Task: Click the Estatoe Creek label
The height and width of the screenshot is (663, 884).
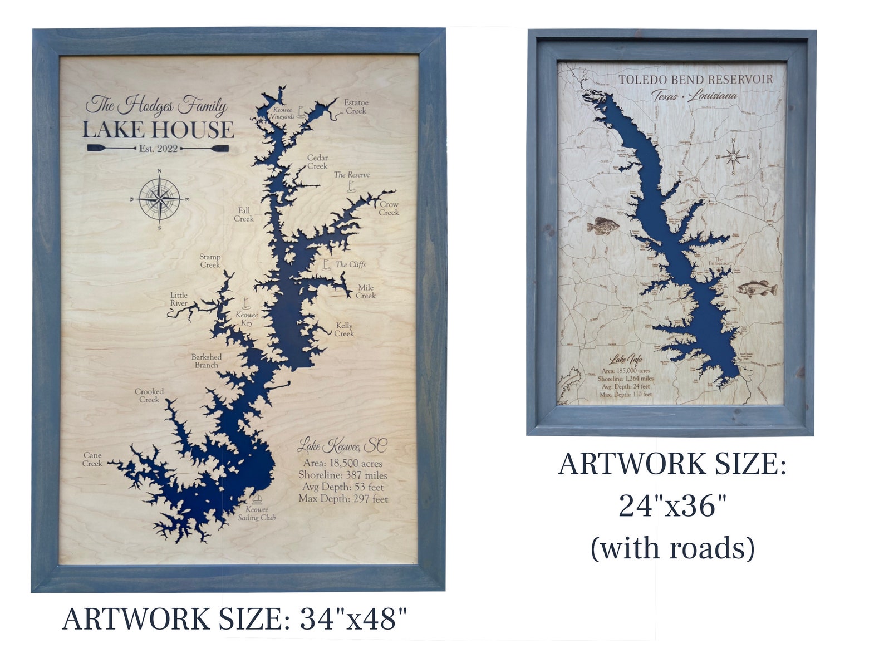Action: [356, 107]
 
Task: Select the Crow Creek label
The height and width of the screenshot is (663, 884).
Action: [389, 208]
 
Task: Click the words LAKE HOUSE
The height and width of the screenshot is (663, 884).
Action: [158, 130]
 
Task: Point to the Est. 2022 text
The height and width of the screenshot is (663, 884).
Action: [158, 149]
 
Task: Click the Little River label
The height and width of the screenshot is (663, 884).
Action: [179, 299]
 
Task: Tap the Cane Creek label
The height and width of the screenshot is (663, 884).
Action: [92, 459]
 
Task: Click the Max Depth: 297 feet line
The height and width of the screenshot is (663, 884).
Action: [343, 499]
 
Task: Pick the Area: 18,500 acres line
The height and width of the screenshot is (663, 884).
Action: [342, 463]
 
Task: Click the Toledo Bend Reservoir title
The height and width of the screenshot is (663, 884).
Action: [695, 80]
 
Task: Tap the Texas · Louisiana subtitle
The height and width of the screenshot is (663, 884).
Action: [695, 96]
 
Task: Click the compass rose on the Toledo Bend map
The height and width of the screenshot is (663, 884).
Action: [733, 157]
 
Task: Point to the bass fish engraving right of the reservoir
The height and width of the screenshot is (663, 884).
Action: [757, 289]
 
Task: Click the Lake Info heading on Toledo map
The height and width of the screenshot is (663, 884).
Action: [625, 360]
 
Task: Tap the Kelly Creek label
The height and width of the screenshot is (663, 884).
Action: [344, 330]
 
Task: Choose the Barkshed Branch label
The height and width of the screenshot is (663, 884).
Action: [207, 361]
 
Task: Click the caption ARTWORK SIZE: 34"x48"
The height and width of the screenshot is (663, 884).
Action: [234, 618]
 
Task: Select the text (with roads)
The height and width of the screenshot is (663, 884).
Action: [672, 548]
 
